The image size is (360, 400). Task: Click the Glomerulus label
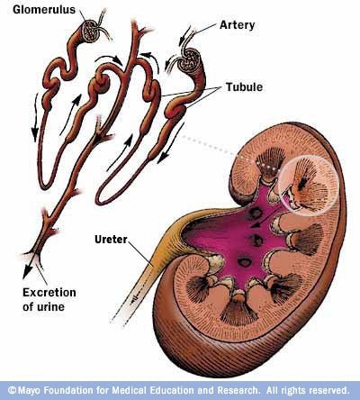point(44,9)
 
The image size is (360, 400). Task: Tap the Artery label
point(237,25)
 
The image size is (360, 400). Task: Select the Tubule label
point(244,87)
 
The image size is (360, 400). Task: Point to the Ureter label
point(111,240)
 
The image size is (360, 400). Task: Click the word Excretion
point(49,293)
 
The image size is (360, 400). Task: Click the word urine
point(50,307)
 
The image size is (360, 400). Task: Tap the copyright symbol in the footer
point(12,390)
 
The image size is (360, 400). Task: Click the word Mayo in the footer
point(31,391)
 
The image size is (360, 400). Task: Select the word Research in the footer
point(238,390)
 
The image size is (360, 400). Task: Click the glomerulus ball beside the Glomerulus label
point(92,30)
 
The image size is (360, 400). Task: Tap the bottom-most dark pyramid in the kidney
point(238,310)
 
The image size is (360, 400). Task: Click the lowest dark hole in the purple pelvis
point(245,262)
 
